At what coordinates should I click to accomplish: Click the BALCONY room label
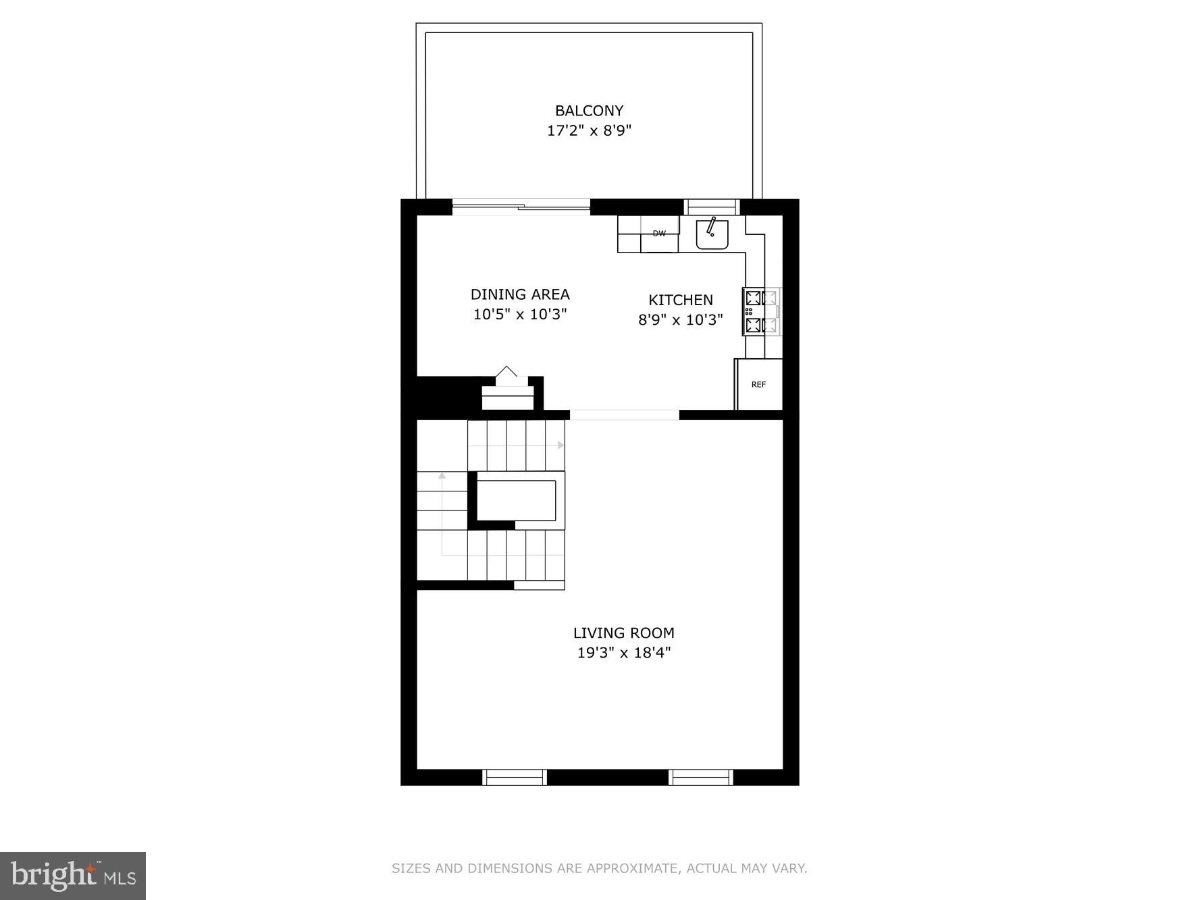pos(589,111)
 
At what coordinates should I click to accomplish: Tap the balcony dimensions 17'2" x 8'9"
pos(589,130)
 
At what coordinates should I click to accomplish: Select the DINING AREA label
pos(520,294)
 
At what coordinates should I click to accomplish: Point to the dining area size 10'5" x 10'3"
pos(520,314)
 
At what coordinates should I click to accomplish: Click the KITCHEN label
pos(681,300)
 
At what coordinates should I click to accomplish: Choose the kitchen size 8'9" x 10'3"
pos(681,319)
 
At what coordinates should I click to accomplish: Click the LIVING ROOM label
pos(624,633)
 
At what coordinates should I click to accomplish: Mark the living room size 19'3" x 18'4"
pos(624,653)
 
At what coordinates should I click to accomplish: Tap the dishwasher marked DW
pos(659,234)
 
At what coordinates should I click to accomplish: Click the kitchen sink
pos(712,234)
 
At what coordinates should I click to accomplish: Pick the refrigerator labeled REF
pos(759,384)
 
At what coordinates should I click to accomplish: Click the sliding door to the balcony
pos(521,206)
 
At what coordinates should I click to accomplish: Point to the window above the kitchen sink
pos(712,207)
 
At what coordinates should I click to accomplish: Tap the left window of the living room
pos(515,777)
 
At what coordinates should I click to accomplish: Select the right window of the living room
pos(701,777)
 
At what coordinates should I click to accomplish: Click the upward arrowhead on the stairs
pos(442,476)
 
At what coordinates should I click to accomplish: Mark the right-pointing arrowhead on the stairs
pos(560,445)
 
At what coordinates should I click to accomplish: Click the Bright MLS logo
pos(73,876)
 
